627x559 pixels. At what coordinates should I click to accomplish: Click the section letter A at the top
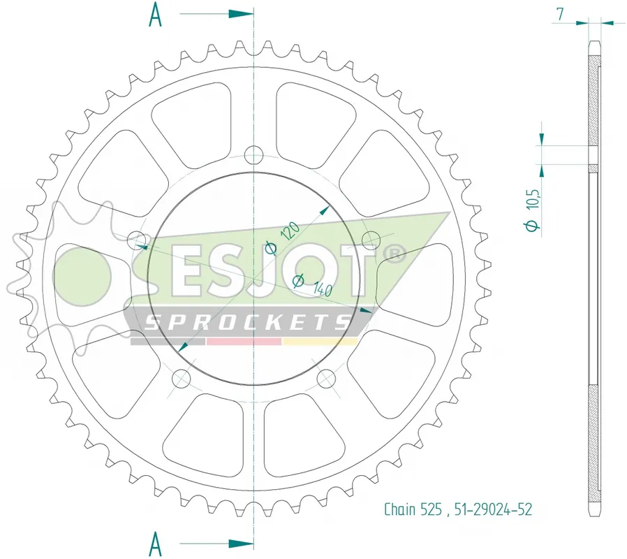click(155, 15)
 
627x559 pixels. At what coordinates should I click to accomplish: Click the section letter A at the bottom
click(155, 544)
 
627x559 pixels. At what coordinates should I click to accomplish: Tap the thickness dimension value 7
click(560, 15)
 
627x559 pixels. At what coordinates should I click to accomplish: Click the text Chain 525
click(413, 509)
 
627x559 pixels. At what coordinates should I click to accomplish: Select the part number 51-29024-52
click(494, 509)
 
